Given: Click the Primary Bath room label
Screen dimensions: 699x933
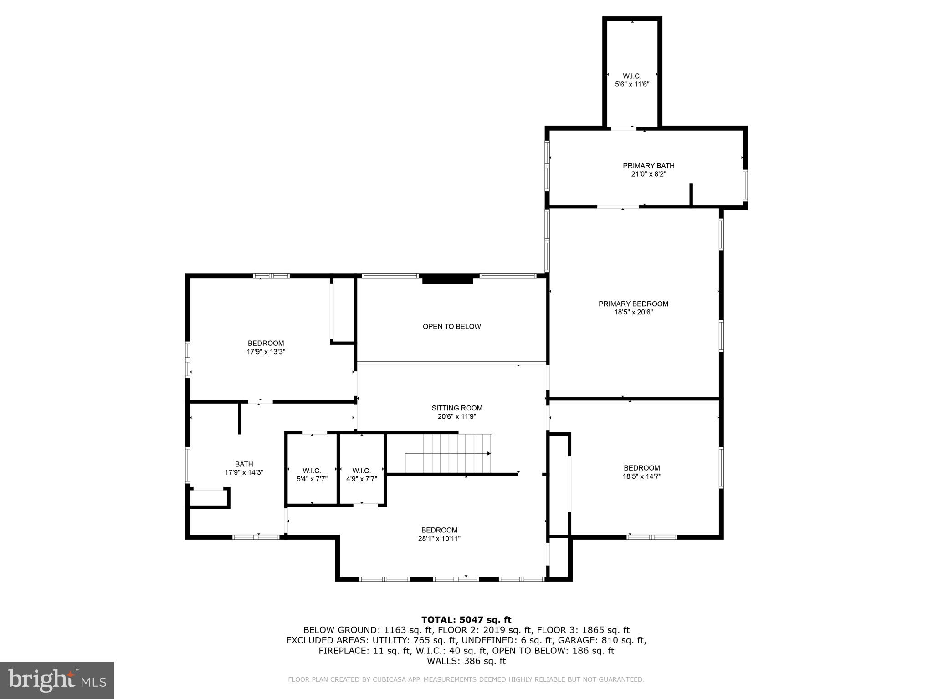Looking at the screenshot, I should coord(648,166).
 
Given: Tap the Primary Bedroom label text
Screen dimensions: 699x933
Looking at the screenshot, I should coord(633,304).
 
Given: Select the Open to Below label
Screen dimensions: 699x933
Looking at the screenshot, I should coord(451,326).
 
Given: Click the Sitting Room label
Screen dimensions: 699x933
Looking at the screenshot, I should coord(457,408).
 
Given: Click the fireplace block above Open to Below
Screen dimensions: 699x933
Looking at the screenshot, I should coord(447,279).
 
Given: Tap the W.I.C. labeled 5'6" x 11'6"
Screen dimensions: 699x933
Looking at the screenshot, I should coord(632,80).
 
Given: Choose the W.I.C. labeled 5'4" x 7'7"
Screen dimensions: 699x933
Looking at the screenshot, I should coord(312,475).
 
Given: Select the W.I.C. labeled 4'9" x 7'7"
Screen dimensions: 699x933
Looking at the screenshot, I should coord(361,475).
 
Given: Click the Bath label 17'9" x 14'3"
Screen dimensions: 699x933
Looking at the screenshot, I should coord(244,468).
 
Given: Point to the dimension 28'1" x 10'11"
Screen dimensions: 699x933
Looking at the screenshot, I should coord(439,539).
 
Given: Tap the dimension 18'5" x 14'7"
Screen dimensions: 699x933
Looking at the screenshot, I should coord(641,476).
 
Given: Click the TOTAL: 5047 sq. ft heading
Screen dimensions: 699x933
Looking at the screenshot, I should coord(466,619).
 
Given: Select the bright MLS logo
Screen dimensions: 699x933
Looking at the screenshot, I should coord(56,680).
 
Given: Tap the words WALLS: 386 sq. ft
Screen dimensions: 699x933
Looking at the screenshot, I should coord(466,661).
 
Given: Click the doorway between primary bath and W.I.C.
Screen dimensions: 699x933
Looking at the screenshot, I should coord(623,129).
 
